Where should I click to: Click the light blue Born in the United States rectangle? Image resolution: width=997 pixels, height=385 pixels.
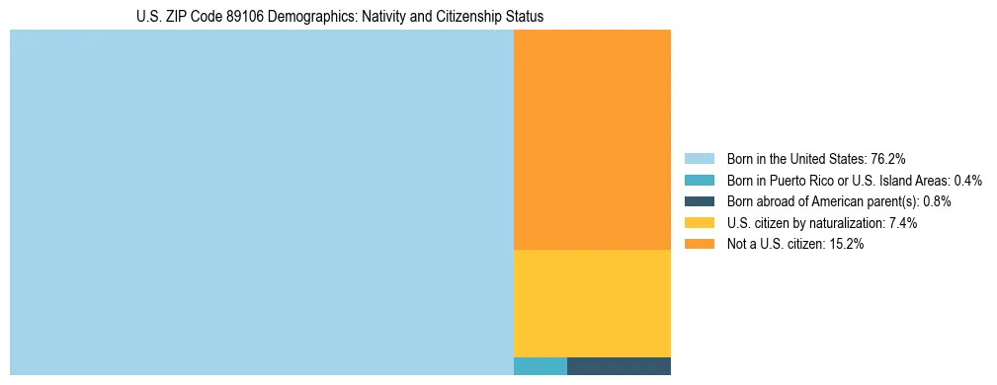click(x=261, y=202)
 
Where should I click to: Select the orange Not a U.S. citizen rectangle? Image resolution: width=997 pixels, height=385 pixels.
click(x=592, y=139)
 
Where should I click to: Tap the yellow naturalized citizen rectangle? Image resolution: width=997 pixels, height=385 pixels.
click(x=592, y=303)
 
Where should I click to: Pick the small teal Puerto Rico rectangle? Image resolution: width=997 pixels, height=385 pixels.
click(x=540, y=366)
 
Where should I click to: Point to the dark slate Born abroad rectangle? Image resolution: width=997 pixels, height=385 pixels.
click(x=619, y=366)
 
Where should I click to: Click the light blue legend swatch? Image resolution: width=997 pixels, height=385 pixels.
click(x=699, y=158)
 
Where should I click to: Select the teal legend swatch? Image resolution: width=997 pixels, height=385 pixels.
click(x=699, y=180)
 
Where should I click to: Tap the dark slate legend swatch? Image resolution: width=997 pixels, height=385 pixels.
click(x=699, y=201)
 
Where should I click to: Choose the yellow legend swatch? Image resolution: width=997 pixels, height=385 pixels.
click(x=699, y=223)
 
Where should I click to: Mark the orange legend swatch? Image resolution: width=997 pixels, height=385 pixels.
click(x=699, y=244)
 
